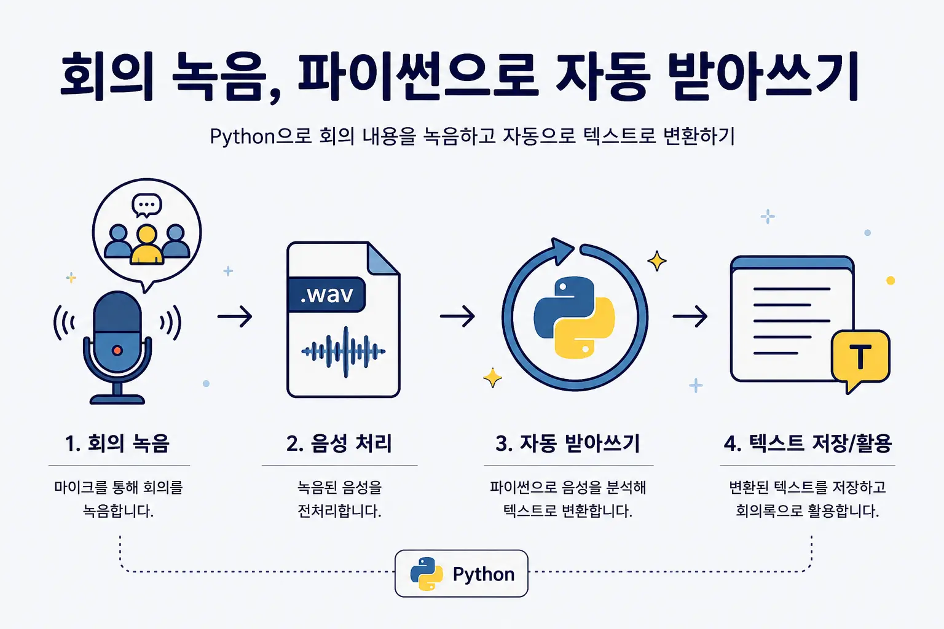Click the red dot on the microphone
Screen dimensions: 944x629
coord(117,351)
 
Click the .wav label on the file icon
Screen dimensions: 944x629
coord(326,294)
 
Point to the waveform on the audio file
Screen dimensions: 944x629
coord(344,352)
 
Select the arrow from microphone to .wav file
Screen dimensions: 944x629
coord(235,316)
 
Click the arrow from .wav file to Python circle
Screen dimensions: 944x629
coord(457,316)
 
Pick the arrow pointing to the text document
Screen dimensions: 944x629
coord(690,316)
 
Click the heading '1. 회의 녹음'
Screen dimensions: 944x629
coord(117,443)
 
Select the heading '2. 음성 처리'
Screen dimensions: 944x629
coord(339,443)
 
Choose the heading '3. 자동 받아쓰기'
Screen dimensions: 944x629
coord(568,443)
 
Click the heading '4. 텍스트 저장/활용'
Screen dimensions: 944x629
coord(808,443)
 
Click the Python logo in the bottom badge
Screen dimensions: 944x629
coord(427,574)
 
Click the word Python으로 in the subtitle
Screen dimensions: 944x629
coord(261,136)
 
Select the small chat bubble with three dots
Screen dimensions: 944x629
coord(147,205)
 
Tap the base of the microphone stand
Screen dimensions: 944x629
coord(117,399)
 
